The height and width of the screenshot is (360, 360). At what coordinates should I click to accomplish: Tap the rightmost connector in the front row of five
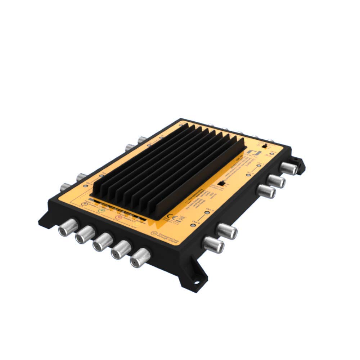[140, 257]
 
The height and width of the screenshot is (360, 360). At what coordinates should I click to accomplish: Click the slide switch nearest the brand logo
[265, 147]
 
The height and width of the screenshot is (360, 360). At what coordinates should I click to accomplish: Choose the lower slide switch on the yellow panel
[223, 183]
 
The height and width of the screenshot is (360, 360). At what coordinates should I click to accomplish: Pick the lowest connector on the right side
[213, 245]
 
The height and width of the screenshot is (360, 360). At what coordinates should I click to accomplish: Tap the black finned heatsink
[169, 169]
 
